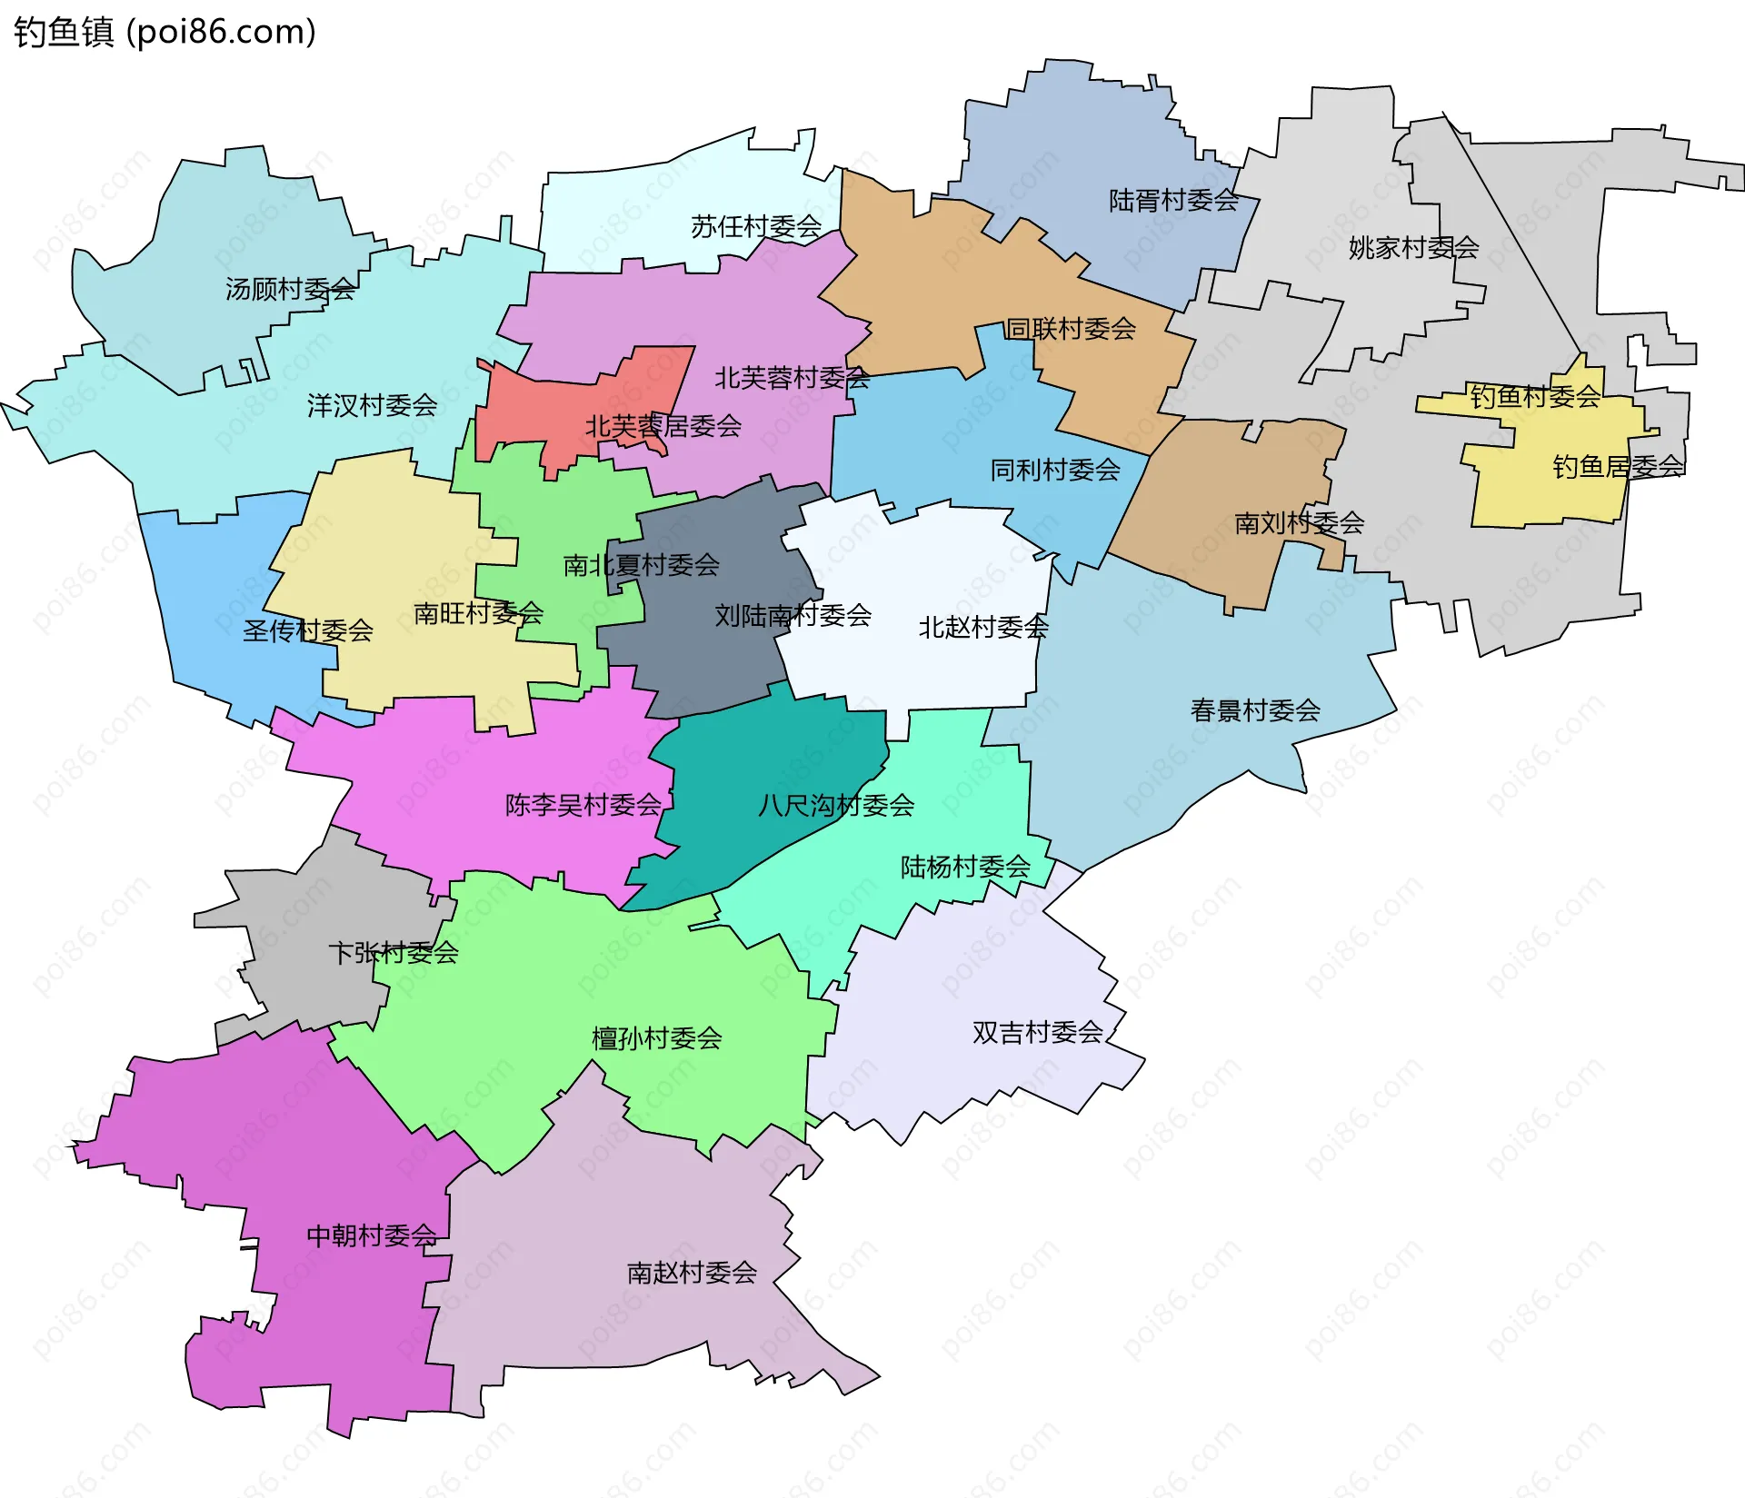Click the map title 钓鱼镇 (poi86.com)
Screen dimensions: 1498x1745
165,32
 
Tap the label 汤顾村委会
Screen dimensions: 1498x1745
290,289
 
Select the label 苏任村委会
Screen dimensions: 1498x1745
755,226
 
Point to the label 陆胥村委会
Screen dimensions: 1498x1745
1173,200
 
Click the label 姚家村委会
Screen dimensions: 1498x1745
1413,247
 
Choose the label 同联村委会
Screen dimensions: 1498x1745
1071,329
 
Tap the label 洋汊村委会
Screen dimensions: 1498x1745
372,405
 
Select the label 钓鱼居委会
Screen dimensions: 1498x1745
1618,467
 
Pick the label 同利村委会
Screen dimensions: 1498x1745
1054,470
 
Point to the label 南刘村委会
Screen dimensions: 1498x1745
1299,522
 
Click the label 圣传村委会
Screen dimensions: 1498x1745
307,630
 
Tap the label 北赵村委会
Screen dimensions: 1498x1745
982,627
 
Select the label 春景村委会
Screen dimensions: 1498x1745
1254,710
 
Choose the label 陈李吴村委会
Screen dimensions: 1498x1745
583,805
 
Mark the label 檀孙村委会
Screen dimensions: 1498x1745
656,1038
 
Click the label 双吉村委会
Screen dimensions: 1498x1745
1037,1033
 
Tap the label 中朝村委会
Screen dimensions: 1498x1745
371,1235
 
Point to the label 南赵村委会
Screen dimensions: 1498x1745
691,1273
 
